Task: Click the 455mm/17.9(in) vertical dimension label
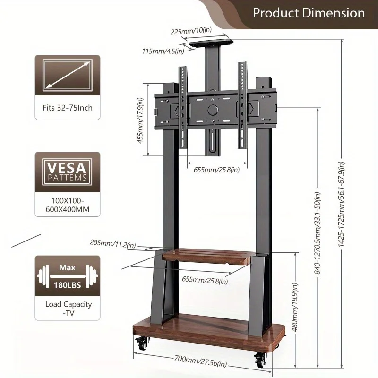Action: tap(140, 127)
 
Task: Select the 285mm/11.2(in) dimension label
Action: tap(113, 244)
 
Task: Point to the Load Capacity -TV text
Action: tap(67, 309)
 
